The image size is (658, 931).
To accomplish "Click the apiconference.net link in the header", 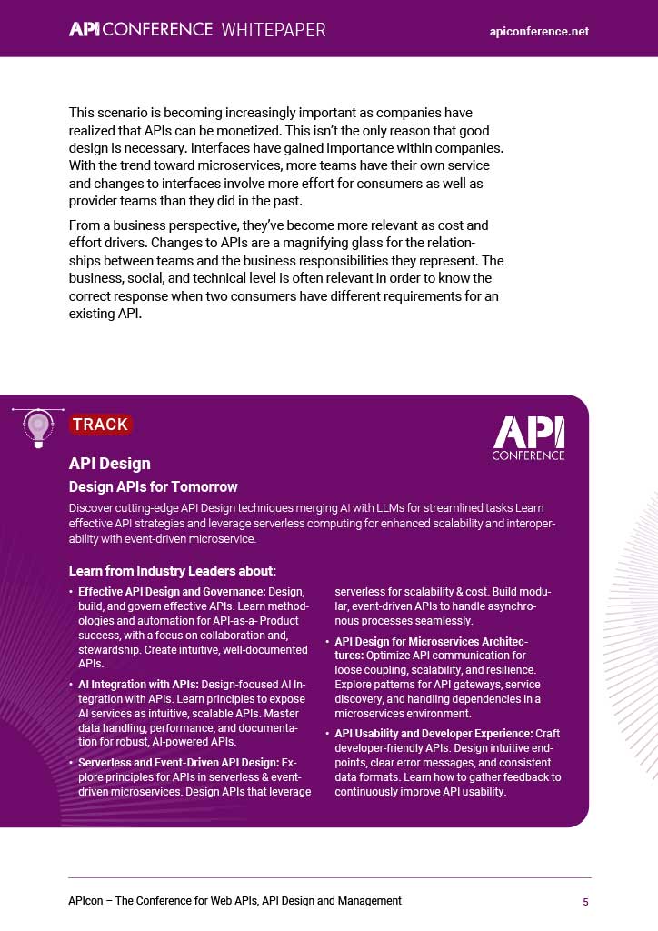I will tap(539, 31).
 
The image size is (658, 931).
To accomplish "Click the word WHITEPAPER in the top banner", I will tap(273, 30).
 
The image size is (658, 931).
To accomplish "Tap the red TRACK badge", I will tap(100, 425).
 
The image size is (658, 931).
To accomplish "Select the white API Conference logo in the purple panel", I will tap(528, 437).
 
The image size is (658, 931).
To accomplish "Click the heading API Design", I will tap(109, 464).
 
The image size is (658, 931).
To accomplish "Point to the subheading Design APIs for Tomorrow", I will tap(153, 486).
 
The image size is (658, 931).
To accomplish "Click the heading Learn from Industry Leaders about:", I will tap(172, 571).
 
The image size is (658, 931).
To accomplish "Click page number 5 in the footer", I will tap(586, 901).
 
